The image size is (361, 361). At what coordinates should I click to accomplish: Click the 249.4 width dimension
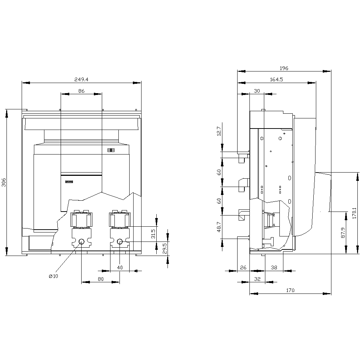pos(81,79)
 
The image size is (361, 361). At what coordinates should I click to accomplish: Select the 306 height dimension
pos(4,182)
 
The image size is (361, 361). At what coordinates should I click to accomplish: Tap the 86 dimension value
pos(82,91)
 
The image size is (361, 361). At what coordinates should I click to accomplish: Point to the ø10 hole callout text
pos(53,276)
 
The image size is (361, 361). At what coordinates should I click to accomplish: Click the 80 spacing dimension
pos(101,279)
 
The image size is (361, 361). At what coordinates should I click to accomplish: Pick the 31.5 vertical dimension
pos(153,234)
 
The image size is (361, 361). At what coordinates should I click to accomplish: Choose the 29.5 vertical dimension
pos(164,249)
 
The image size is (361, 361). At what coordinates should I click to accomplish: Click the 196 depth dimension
pos(284,68)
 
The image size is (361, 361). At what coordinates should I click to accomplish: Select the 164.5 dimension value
pos(276,79)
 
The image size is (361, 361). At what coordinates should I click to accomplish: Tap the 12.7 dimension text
pos(219,131)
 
